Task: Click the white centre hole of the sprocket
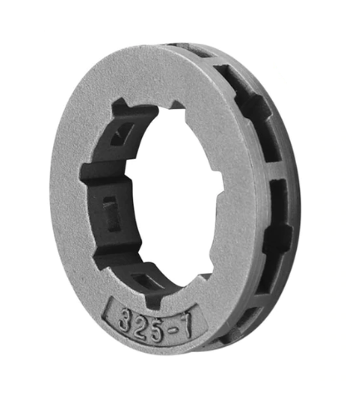(x=177, y=194)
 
